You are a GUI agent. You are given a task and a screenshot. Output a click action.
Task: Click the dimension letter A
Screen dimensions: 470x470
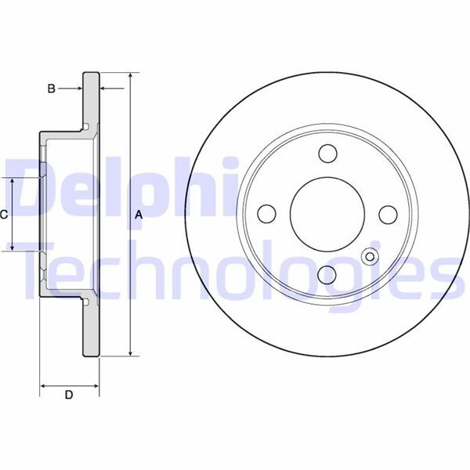(139, 215)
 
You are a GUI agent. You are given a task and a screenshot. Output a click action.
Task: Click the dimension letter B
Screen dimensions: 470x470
(51, 89)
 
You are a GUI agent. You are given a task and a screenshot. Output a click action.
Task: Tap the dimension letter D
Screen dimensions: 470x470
(68, 396)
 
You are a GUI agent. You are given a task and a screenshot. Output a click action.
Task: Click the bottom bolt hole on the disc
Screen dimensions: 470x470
(327, 273)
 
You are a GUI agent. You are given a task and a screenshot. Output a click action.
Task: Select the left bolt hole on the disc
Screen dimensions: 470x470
(266, 213)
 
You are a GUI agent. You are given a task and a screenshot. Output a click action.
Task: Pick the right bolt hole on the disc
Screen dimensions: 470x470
(388, 213)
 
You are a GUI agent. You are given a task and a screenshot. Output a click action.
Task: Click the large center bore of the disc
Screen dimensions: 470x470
(327, 213)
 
